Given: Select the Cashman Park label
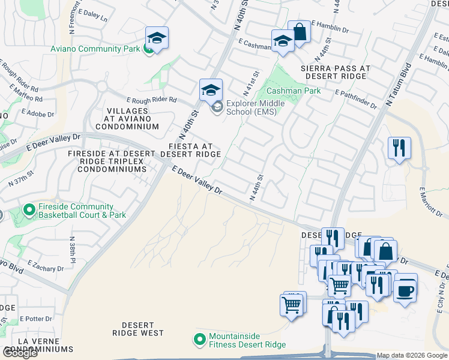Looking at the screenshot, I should pos(294,91).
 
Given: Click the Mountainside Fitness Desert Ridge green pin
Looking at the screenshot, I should pos(200,340).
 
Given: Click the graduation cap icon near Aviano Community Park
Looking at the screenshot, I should pos(157,39).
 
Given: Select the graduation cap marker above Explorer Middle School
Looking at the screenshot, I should pos(211,91).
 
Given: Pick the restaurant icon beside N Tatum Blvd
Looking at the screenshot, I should pos(399,147).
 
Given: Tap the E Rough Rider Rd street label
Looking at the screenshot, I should pos(151,100).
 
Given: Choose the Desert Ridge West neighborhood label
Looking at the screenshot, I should pos(137,329).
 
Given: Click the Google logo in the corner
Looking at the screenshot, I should pos(19,353).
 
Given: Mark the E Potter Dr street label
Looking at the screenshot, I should pos(37,319).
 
